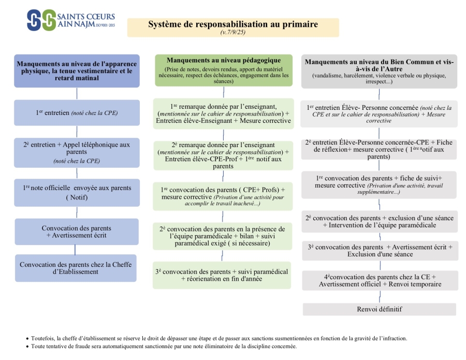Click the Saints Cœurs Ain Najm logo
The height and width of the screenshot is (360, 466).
click(x=71, y=20)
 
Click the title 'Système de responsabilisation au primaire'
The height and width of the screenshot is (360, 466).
click(x=233, y=24)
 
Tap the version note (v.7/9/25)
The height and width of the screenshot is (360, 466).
click(x=233, y=32)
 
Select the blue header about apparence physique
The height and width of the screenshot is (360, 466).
click(x=77, y=71)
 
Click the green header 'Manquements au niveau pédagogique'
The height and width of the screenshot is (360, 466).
click(x=224, y=70)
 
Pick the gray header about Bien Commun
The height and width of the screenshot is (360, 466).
click(x=379, y=71)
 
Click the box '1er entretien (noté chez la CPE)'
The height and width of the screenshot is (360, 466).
click(x=77, y=113)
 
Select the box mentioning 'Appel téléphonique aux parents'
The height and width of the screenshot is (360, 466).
click(x=77, y=152)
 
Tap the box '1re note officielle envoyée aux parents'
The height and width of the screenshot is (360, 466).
click(x=77, y=193)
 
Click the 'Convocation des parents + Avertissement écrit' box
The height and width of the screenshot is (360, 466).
click(x=77, y=232)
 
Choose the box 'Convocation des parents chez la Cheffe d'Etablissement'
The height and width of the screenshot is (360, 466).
click(x=76, y=268)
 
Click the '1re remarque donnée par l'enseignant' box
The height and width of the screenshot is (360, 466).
click(x=224, y=113)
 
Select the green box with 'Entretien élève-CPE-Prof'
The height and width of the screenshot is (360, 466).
click(x=223, y=155)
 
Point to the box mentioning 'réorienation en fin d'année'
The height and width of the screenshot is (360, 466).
click(x=222, y=275)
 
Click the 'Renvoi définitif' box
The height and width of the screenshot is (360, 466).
click(x=379, y=309)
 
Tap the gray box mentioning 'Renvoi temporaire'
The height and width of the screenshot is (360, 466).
click(x=380, y=280)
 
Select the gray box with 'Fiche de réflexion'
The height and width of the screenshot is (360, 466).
click(x=379, y=149)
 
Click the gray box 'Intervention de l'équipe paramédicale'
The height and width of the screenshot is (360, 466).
click(x=380, y=222)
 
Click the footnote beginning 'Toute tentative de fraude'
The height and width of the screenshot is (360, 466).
click(x=164, y=347)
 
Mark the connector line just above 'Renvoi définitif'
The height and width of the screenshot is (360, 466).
click(x=380, y=297)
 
